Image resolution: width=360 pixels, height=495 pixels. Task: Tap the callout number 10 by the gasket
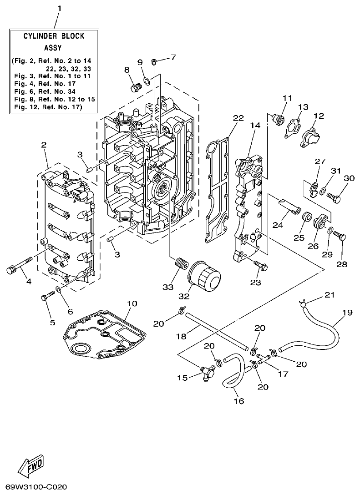[x=132, y=303]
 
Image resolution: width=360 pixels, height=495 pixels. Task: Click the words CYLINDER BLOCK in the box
[x=54, y=36]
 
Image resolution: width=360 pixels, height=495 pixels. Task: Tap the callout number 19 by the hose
[x=347, y=313]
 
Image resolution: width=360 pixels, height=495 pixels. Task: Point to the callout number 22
[x=238, y=118]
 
